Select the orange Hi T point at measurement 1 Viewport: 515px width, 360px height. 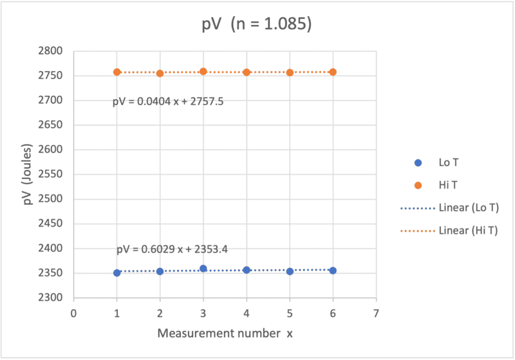pos(117,72)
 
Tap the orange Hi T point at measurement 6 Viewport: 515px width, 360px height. pos(333,72)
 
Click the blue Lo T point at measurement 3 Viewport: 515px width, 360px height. pos(203,269)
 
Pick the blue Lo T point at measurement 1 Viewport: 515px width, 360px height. pos(117,272)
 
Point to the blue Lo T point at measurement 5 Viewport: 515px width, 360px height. pos(290,271)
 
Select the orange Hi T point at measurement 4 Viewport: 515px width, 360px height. pos(247,72)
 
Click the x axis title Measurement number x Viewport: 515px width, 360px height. pos(224,334)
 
